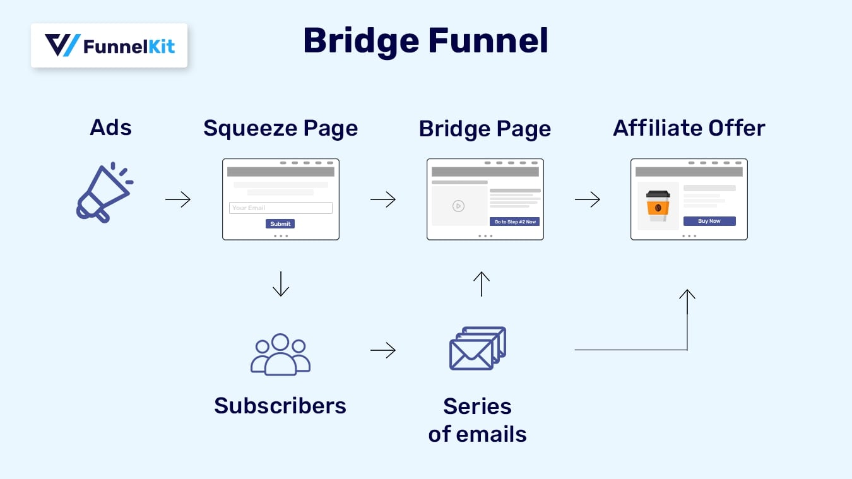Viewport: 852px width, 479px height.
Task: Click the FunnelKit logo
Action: pos(109,45)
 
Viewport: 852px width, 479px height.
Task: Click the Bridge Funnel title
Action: pos(425,41)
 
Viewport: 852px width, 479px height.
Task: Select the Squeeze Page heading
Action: pos(280,128)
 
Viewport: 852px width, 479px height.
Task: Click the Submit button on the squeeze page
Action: pos(280,224)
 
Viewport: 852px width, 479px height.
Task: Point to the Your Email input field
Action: pos(280,208)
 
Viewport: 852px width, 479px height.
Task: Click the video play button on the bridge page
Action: pos(458,206)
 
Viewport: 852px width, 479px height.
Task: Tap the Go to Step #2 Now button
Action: pos(514,222)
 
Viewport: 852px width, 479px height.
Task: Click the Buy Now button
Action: pos(709,221)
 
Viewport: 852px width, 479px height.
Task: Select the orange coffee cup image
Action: pos(658,206)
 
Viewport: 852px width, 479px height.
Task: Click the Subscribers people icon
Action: pos(280,355)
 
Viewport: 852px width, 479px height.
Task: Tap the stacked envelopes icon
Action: pos(478,348)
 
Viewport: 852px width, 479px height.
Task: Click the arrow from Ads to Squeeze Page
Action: pos(178,200)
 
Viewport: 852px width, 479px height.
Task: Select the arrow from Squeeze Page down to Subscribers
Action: pos(280,284)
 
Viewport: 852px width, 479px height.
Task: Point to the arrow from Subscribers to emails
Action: pos(382,350)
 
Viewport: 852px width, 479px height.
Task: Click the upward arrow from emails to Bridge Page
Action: pos(482,284)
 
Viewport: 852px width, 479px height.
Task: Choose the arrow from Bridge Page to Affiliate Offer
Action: pos(587,200)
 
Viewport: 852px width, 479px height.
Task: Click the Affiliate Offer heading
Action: pos(689,128)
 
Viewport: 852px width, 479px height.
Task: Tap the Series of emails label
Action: pos(477,420)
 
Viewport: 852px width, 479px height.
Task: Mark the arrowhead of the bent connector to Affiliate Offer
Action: pos(687,293)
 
